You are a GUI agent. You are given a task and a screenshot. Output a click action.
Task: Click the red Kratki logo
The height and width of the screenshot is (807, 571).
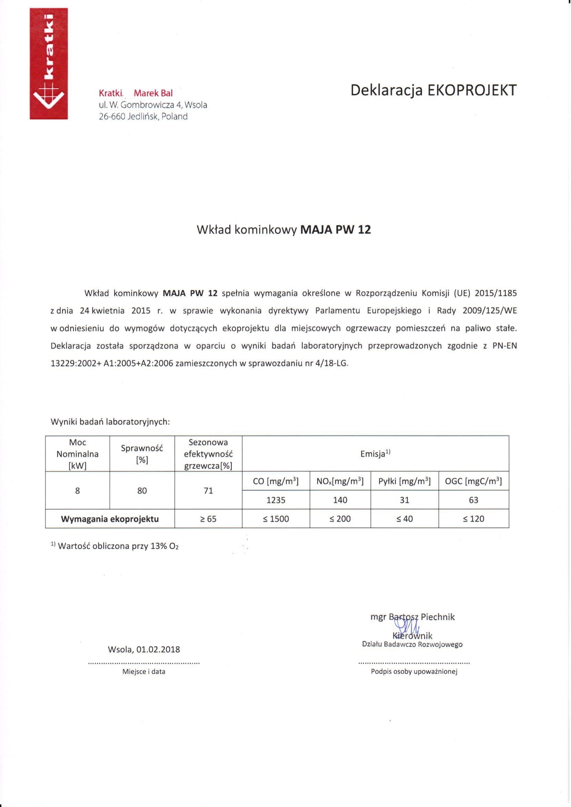[49, 64]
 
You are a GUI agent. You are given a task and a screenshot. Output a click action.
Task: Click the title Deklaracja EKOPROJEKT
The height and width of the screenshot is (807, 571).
[433, 90]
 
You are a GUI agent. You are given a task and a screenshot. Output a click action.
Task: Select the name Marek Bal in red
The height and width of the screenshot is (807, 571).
[153, 93]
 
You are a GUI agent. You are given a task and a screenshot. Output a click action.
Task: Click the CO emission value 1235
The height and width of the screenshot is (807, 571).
[276, 500]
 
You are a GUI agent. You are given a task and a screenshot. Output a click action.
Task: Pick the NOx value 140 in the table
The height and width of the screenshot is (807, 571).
[340, 500]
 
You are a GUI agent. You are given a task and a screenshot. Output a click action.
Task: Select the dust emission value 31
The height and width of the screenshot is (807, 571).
[404, 500]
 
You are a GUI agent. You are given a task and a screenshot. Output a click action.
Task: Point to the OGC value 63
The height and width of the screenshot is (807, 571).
[473, 500]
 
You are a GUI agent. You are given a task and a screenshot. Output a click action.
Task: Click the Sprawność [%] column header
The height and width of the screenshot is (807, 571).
[142, 454]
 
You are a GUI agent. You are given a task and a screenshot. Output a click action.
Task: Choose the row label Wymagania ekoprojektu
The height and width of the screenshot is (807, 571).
[110, 519]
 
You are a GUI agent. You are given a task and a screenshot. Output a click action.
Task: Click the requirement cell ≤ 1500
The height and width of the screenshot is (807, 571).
[276, 519]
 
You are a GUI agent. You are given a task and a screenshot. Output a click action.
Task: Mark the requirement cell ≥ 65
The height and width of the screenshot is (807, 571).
[208, 519]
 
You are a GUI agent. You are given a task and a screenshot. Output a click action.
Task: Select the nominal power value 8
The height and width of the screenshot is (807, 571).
[77, 491]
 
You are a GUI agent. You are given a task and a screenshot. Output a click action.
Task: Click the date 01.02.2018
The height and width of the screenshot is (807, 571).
[158, 649]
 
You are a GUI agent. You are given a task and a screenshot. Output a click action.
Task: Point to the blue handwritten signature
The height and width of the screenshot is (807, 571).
[407, 627]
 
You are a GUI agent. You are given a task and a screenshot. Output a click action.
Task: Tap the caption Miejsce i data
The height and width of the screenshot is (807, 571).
[143, 671]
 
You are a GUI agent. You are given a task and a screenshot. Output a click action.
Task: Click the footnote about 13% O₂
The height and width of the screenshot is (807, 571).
[115, 546]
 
